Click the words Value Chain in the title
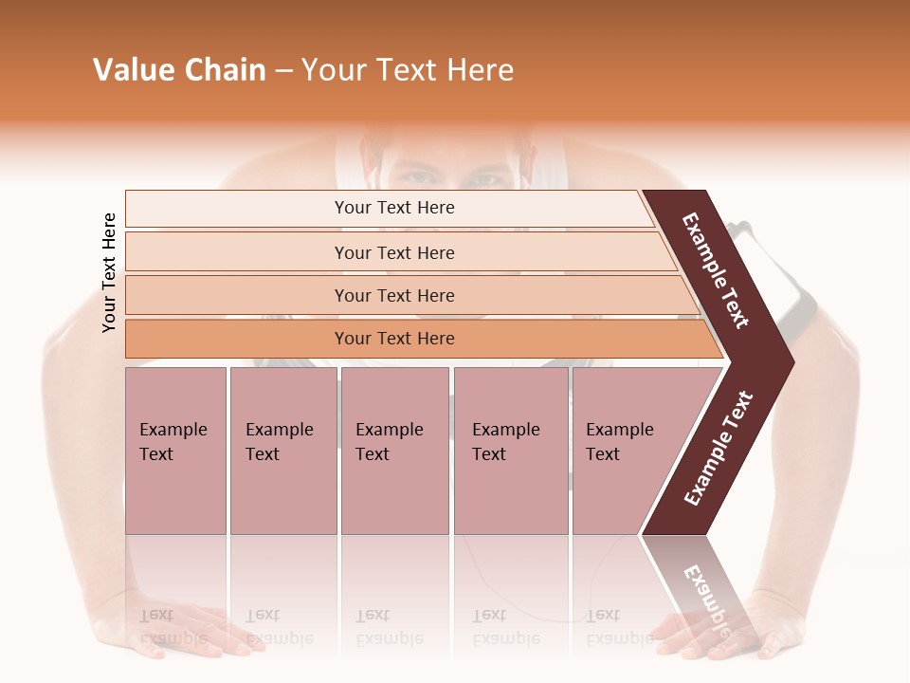(x=179, y=70)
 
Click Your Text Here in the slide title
(x=408, y=70)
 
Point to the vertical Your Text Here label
(x=109, y=273)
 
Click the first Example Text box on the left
(x=175, y=451)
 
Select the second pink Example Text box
(x=282, y=451)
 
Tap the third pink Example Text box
(x=394, y=451)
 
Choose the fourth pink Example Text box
(x=511, y=451)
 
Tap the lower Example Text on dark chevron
(x=719, y=449)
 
